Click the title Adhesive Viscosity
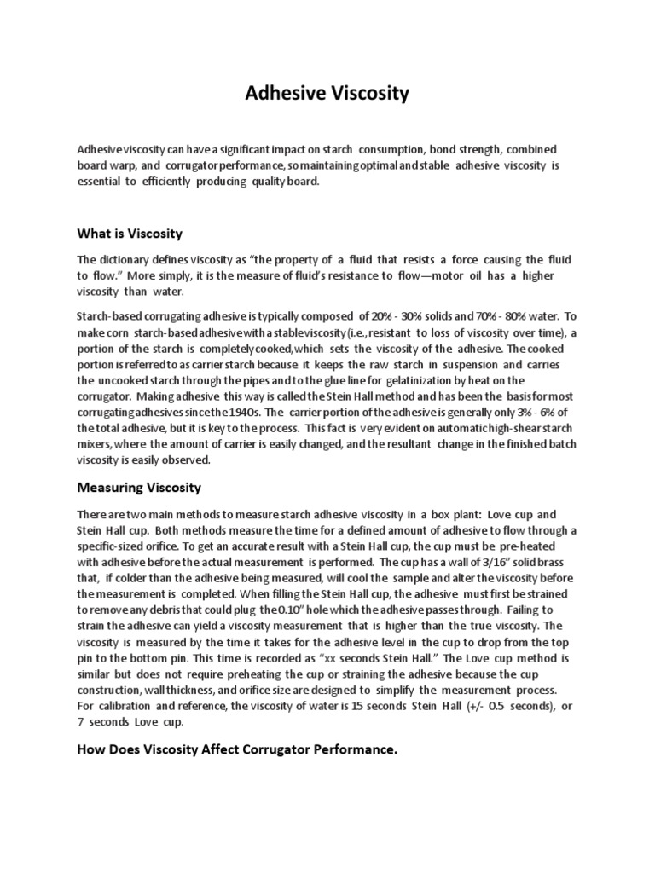point(327,94)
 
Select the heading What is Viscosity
point(130,233)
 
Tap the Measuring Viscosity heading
point(140,487)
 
